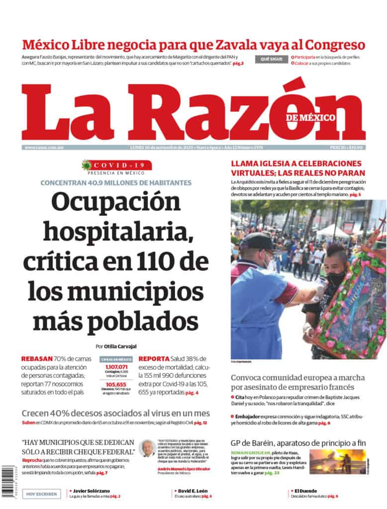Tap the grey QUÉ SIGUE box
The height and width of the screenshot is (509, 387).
pyautogui.click(x=272, y=60)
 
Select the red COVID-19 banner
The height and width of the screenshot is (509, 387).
pyautogui.click(x=117, y=165)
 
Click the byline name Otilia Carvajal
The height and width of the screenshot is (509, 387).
pyautogui.click(x=120, y=346)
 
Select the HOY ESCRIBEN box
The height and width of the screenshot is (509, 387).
pyautogui.click(x=42, y=494)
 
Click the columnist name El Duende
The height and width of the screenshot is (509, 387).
pyautogui.click(x=305, y=491)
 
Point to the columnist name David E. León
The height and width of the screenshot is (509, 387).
pyautogui.click(x=192, y=491)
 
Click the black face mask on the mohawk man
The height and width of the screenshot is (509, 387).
pyautogui.click(x=336, y=278)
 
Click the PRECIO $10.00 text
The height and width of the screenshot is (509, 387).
pyautogui.click(x=347, y=147)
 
